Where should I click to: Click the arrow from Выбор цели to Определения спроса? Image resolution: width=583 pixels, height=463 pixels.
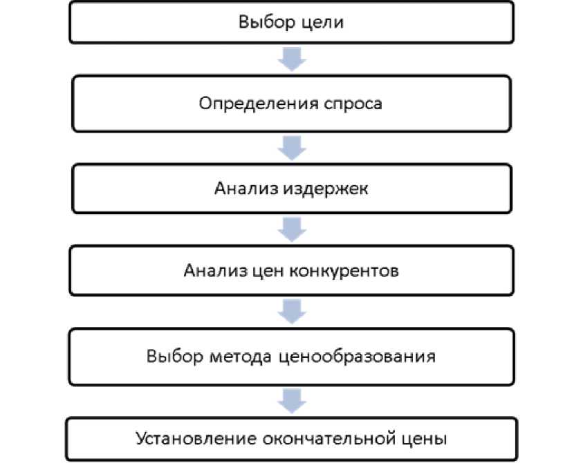pos(291,59)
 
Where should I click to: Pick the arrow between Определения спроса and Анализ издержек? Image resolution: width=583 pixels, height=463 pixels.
pos(291,147)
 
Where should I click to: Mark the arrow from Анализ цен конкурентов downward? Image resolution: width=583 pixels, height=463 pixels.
pos(291,312)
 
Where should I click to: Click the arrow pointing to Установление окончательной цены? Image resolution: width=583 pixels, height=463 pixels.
pos(291,399)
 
